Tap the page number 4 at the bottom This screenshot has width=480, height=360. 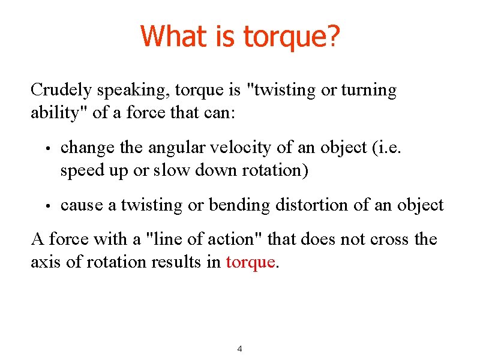[x=239, y=349]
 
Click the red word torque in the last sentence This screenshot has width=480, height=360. [x=250, y=262]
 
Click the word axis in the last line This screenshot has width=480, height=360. [x=44, y=262]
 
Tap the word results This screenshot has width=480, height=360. [x=180, y=262]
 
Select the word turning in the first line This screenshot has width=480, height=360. [x=368, y=90]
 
